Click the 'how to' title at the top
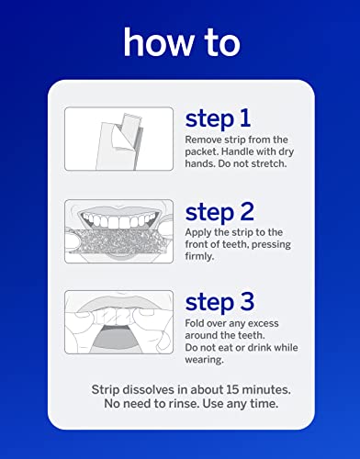click(x=180, y=42)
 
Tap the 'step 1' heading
click(x=217, y=118)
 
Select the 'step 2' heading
click(x=219, y=212)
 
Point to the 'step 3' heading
click(x=219, y=301)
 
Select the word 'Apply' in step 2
click(x=199, y=231)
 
